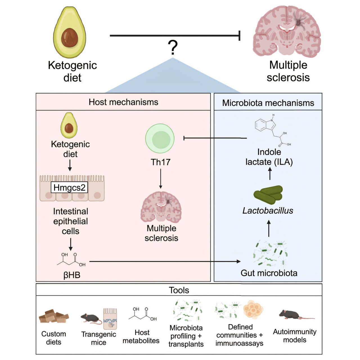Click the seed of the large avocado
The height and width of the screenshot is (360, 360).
pos(69,38)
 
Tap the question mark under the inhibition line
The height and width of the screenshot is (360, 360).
pos(173,47)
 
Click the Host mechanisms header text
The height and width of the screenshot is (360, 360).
pos(123,102)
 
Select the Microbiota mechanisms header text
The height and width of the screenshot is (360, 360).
pos(268,103)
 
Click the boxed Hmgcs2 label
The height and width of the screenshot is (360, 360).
pos(69,188)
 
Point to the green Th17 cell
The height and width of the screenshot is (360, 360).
pos(160,139)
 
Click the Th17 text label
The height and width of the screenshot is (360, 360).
pos(160,162)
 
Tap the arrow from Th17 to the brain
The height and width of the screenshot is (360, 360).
pos(161,179)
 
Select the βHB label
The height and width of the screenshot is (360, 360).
pos(72,275)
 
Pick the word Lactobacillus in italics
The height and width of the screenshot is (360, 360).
pos(268,210)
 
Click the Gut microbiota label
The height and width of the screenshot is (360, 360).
pos(269,273)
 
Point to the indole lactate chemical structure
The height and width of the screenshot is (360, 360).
pos(272,131)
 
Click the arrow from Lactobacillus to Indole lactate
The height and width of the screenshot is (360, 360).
pos(270,173)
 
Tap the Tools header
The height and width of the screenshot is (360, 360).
pos(179,290)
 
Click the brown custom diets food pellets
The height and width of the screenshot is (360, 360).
pos(53,316)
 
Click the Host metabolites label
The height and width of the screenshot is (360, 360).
pos(141,336)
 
